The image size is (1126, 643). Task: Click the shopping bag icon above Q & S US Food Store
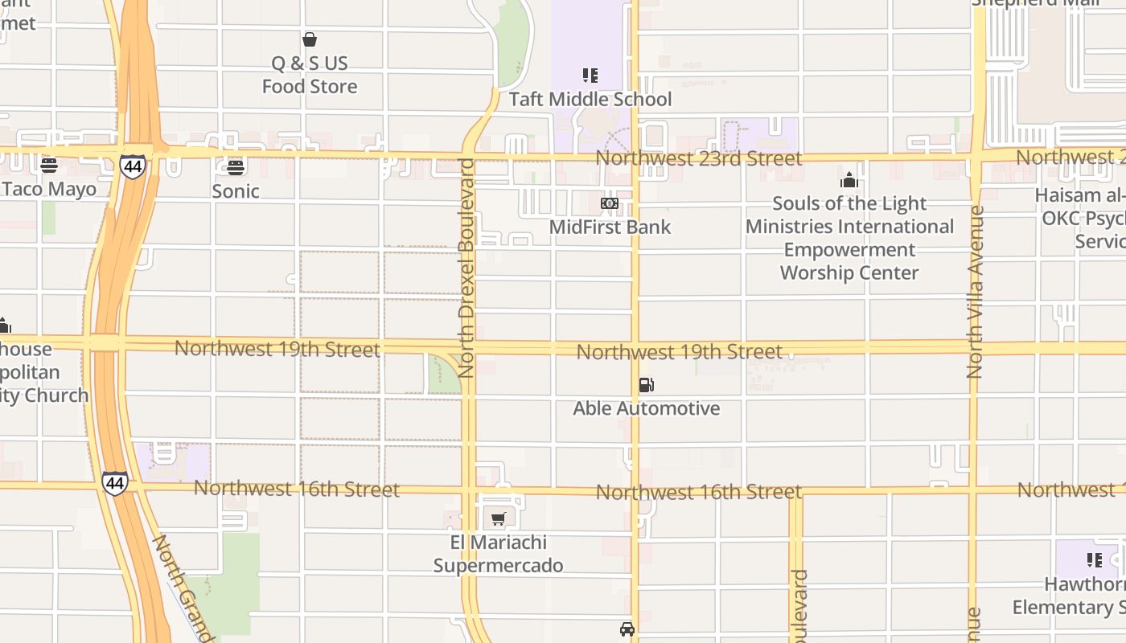310,39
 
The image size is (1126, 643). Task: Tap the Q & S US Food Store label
310,75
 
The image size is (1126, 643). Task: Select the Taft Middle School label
590,100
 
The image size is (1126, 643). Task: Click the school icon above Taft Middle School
590,76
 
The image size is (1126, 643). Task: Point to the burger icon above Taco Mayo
49,166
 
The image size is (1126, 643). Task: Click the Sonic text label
236,191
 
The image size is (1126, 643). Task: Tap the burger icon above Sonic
236,167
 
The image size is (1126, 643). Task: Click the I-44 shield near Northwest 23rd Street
133,166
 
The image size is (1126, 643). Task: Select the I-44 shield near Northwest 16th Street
114,483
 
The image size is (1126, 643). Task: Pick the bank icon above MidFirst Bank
610,203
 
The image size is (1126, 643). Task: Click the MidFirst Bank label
610,227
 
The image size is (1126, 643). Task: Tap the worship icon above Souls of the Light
849,180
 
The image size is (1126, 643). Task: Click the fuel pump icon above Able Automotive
646,385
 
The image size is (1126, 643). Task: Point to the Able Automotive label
646,409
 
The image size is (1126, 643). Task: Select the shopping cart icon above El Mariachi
499,519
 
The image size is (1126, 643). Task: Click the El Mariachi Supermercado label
499,555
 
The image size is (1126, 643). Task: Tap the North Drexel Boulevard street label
466,268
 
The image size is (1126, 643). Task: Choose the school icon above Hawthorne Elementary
1094,560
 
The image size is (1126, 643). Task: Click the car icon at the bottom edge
627,629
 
